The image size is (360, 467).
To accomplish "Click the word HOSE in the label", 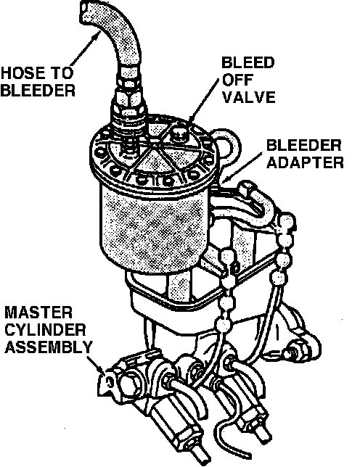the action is tap(22, 73).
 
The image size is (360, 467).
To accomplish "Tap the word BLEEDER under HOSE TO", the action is tap(38, 90).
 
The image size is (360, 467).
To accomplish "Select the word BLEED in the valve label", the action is tap(248, 62).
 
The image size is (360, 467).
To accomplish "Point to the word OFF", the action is tap(237, 80).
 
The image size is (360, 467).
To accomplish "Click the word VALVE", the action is tap(248, 96).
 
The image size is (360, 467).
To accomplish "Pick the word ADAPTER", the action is tap(305, 162).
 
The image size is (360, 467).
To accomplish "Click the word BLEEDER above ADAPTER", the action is tap(303, 145).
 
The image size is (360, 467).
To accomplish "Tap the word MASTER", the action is tap(38, 313).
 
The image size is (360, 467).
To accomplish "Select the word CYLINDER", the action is tap(45, 330).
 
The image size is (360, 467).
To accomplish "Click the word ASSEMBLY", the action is tap(49, 347).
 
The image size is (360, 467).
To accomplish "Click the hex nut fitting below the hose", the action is tap(129, 102).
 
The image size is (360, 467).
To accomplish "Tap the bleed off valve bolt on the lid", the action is tap(178, 135).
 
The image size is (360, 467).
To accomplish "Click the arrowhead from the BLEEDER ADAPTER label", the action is tap(226, 179).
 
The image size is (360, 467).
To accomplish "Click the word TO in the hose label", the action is tap(62, 73).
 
